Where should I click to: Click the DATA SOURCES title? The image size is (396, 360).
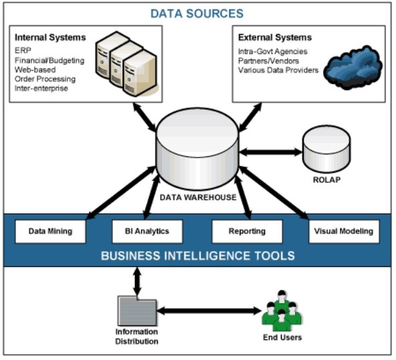pyautogui.click(x=197, y=13)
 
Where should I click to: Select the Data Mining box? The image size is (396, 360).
pyautogui.click(x=51, y=231)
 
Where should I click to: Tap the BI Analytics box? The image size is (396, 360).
pyautogui.click(x=147, y=231)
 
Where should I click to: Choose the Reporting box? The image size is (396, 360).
pyautogui.click(x=247, y=231)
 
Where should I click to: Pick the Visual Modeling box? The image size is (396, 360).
pyautogui.click(x=344, y=231)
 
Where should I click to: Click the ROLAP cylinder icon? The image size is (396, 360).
pyautogui.click(x=327, y=149)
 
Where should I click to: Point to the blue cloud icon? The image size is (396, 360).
pyautogui.click(x=353, y=67)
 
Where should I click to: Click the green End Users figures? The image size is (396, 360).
pyautogui.click(x=282, y=311)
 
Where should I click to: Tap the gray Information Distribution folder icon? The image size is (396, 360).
pyautogui.click(x=137, y=311)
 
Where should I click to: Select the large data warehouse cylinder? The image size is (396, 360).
pyautogui.click(x=198, y=149)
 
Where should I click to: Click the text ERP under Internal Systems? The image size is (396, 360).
pyautogui.click(x=23, y=51)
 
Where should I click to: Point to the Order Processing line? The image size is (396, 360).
pyautogui.click(x=45, y=79)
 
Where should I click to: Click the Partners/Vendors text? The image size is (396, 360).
pyautogui.click(x=268, y=61)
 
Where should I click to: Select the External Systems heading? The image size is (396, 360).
pyautogui.click(x=274, y=37)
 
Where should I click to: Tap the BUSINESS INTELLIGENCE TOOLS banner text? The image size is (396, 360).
pyautogui.click(x=198, y=256)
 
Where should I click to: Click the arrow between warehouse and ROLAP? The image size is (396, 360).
pyautogui.click(x=270, y=152)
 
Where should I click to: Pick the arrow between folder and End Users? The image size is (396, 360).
pyautogui.click(x=209, y=311)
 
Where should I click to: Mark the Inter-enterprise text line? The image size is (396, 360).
pyautogui.click(x=41, y=88)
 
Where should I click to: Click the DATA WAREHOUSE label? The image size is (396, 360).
pyautogui.click(x=198, y=197)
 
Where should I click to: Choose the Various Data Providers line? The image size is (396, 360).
pyautogui.click(x=278, y=70)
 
